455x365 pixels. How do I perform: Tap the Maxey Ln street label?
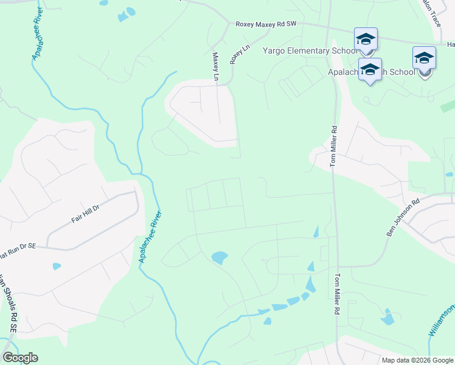click(215, 66)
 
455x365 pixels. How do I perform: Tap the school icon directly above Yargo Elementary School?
click(366, 39)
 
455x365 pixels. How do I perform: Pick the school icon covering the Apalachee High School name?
click(370, 69)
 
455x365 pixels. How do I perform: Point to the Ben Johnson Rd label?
click(403, 218)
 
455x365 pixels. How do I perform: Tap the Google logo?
click(20, 358)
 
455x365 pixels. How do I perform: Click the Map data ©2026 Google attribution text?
click(417, 360)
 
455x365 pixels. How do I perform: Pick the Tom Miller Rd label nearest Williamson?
click(336, 293)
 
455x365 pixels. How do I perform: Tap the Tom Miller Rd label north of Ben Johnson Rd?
click(333, 146)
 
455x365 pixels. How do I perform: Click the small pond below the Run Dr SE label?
click(57, 266)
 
